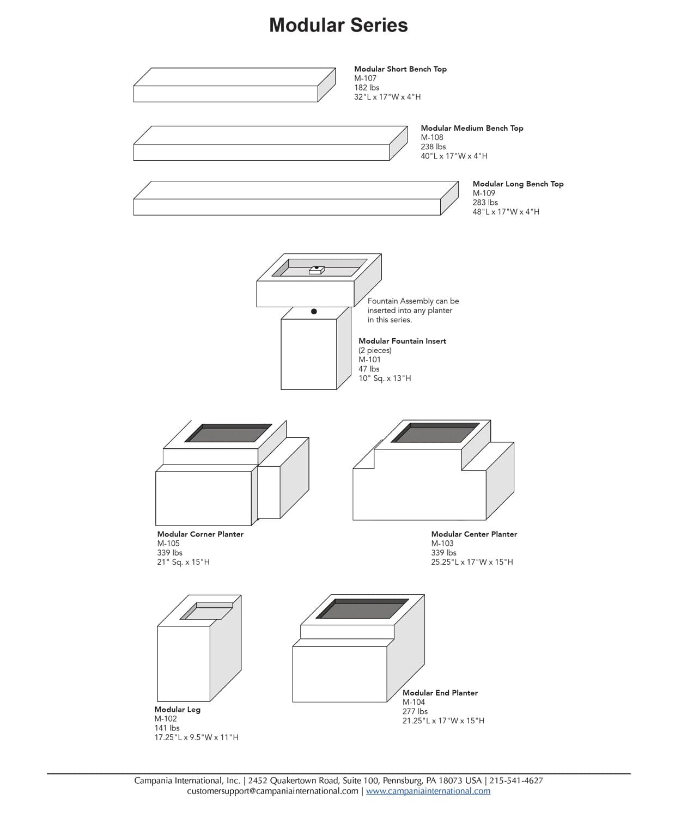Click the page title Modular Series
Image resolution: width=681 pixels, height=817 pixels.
pos(338,25)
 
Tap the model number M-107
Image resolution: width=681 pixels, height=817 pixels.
pos(365,78)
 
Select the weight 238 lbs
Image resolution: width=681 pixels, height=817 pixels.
pos(433,147)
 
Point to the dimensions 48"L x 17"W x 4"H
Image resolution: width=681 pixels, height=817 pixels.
pos(506,212)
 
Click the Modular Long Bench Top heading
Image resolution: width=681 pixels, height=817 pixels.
pos(518,184)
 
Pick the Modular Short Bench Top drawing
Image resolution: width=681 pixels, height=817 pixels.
pos(234,85)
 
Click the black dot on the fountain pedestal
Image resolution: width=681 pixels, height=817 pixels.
pos(314,312)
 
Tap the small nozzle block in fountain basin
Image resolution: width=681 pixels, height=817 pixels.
pos(317,269)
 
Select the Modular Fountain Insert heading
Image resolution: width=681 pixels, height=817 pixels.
pos(402,341)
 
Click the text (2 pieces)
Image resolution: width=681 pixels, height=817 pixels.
pos(375,350)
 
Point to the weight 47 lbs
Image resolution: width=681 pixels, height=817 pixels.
pos(369,369)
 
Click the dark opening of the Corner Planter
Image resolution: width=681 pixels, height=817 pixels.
pos(228,434)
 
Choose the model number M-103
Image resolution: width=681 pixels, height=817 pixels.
pos(442,543)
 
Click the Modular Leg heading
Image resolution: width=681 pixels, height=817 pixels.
pos(177,709)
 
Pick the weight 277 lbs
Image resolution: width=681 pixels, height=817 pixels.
pos(415,711)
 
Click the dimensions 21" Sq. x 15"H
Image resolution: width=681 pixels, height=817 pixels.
pos(183,562)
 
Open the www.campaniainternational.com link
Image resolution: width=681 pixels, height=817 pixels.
pos(428,791)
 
